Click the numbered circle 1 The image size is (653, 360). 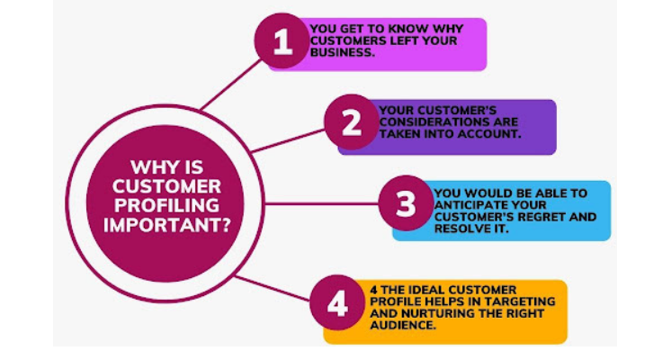click(x=282, y=40)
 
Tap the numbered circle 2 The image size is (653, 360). click(x=352, y=121)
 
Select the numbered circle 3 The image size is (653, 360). click(x=406, y=202)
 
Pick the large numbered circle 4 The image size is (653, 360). click(x=337, y=302)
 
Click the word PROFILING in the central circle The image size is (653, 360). click(x=166, y=205)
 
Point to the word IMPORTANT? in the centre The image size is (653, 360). click(x=167, y=225)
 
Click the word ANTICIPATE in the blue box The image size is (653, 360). click(x=466, y=205)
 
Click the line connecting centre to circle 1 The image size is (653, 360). click(x=231, y=85)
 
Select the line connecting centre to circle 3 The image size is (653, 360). click(x=322, y=203)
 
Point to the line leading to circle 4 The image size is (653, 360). click(x=273, y=288)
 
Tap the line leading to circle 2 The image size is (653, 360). click(x=288, y=140)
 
